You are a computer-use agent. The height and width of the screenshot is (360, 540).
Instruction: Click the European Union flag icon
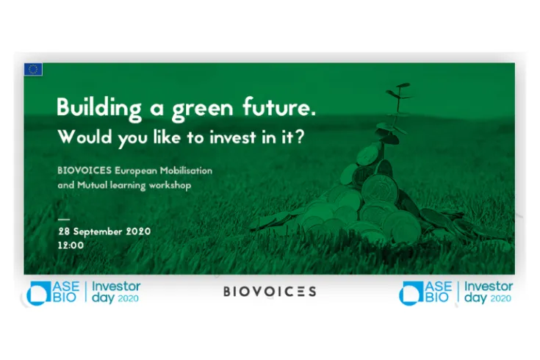pyautogui.click(x=33, y=70)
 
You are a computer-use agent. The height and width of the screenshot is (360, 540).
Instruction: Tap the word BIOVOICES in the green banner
pyautogui.click(x=84, y=170)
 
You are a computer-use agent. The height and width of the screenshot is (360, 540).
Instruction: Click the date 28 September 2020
pyautogui.click(x=104, y=231)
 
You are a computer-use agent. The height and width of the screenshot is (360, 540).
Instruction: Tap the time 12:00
pyautogui.click(x=71, y=245)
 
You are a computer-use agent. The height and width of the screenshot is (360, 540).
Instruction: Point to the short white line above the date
pyautogui.click(x=64, y=218)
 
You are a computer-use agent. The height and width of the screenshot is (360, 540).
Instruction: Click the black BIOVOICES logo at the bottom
pyautogui.click(x=270, y=292)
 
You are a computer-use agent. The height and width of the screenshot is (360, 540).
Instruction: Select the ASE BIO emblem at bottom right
pyautogui.click(x=426, y=292)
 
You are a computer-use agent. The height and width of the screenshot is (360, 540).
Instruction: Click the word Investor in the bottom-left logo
pyautogui.click(x=117, y=287)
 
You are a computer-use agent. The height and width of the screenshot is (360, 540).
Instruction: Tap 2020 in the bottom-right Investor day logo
pyautogui.click(x=500, y=299)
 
